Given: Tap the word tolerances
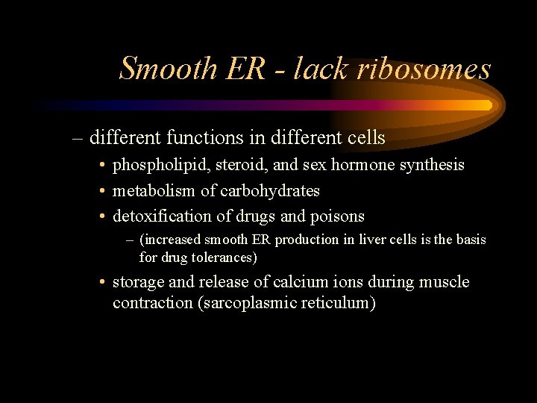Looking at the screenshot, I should point(220,258).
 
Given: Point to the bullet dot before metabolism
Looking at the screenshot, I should point(101,191).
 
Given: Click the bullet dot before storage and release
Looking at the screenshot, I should point(101,283).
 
